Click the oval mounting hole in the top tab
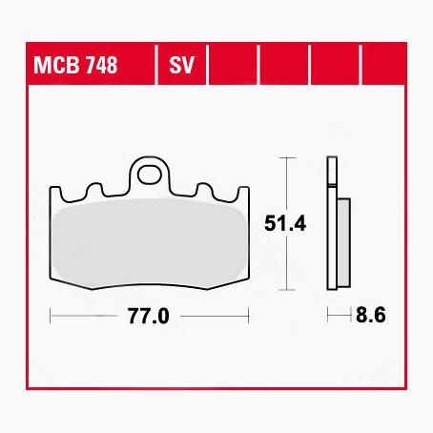tap(149, 174)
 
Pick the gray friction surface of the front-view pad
tap(149, 242)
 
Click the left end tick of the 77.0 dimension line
tap(50, 315)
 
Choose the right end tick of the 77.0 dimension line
tap(249, 315)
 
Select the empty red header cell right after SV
tap(233, 67)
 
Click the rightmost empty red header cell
tap(389, 67)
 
